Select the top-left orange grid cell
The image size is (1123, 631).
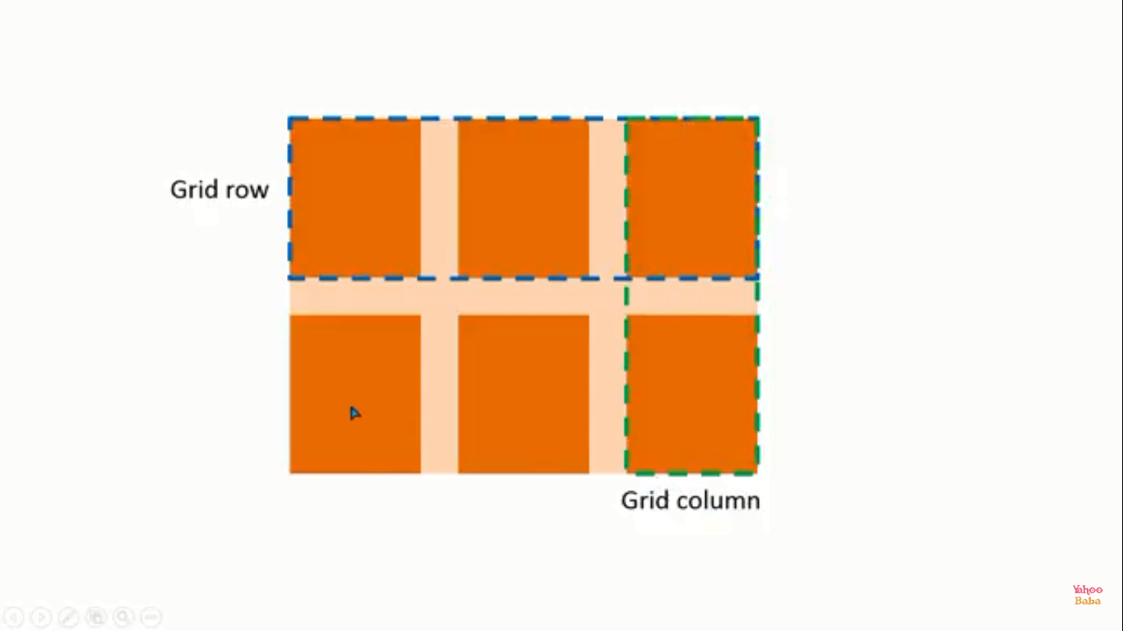tap(355, 198)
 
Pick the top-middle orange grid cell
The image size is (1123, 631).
tap(524, 198)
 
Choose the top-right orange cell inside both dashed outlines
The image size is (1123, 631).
tap(692, 198)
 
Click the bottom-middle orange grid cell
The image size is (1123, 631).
tap(524, 394)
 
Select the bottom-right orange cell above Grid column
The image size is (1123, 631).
tap(692, 394)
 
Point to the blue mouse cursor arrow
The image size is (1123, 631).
tap(354, 413)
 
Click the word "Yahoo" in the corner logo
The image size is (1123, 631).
tap(1088, 589)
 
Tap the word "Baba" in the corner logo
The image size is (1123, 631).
tap(1088, 601)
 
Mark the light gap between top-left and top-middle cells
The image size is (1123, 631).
tap(439, 198)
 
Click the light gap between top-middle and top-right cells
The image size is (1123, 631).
tap(608, 198)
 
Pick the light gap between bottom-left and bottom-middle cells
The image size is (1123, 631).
tap(439, 394)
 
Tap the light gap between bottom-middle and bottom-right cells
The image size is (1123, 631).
tap(608, 394)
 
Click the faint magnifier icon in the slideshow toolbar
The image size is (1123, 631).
tap(123, 617)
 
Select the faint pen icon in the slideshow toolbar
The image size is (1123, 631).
tap(69, 617)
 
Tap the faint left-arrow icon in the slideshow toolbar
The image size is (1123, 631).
tap(14, 617)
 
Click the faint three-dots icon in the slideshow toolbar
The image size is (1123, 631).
tap(151, 617)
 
